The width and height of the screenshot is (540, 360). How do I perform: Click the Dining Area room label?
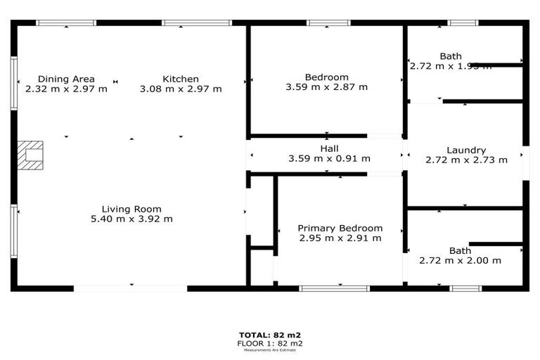[66, 79]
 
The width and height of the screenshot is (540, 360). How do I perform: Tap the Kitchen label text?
[181, 79]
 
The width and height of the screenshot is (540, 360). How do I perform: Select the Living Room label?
[131, 209]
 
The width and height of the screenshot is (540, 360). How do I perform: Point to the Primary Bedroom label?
[340, 228]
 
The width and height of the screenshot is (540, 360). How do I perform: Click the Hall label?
[329, 149]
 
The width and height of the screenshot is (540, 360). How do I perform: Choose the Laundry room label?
[466, 150]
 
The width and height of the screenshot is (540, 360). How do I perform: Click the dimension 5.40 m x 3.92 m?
[131, 219]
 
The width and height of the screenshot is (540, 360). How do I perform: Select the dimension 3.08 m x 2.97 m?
[181, 89]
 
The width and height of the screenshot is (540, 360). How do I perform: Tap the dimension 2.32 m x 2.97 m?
[66, 89]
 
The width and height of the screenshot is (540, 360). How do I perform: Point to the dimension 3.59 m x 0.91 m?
[329, 159]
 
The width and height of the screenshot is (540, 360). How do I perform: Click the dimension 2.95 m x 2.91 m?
[340, 238]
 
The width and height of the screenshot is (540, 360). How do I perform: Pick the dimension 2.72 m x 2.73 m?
[466, 160]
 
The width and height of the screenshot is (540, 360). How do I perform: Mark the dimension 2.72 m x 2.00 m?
[460, 260]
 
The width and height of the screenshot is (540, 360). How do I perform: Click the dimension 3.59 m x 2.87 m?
[326, 87]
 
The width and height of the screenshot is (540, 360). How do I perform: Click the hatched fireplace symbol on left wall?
[30, 155]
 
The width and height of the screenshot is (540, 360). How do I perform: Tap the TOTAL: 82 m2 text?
[269, 335]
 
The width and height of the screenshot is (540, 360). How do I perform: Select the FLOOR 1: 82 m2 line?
[269, 343]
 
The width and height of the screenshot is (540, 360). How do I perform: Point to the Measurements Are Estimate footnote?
[269, 350]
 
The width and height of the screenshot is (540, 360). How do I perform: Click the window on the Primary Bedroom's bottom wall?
[334, 288]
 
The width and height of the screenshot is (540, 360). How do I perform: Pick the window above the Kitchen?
[196, 23]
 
